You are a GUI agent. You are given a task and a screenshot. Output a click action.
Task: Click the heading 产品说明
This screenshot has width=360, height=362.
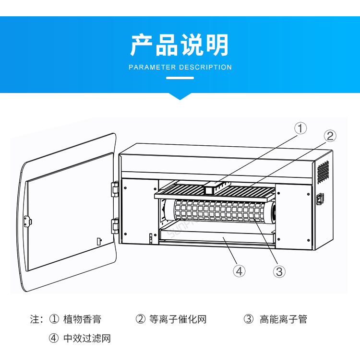[180, 45]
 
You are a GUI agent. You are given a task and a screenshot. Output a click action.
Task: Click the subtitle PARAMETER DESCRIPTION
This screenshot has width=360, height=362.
[180, 68]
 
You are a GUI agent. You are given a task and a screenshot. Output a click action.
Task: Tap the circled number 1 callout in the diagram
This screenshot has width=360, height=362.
[300, 128]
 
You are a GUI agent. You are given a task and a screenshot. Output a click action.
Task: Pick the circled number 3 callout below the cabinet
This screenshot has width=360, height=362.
[279, 271]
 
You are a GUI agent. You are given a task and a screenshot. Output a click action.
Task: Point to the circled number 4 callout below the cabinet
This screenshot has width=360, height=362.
[239, 271]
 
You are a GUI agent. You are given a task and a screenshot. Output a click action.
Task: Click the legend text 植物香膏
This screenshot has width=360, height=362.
[82, 319]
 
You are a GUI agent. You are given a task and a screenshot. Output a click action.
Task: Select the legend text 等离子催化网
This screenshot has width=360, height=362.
[177, 319]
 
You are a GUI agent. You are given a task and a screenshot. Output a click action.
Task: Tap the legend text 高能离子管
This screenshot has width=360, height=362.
[283, 319]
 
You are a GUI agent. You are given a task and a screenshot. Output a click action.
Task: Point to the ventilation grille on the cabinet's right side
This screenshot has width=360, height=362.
[324, 173]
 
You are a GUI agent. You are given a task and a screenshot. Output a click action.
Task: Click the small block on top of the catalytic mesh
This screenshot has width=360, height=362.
[211, 188]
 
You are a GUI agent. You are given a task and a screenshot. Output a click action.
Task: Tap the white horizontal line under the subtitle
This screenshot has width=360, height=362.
[180, 78]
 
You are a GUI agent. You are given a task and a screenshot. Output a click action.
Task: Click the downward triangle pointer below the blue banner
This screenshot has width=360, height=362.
[180, 96]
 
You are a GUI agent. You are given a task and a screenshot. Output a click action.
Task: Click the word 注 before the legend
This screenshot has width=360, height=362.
[35, 319]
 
